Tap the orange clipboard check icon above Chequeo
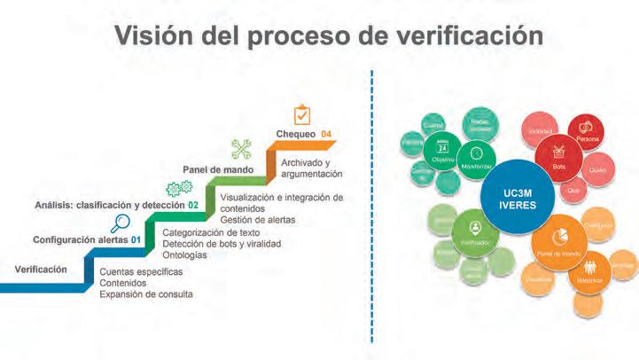(302, 115)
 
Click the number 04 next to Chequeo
(326, 135)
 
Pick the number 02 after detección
(192, 205)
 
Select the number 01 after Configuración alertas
(136, 239)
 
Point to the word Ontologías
(185, 255)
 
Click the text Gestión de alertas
(259, 219)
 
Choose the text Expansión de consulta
(146, 293)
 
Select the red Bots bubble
(559, 156)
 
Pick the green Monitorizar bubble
(477, 158)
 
